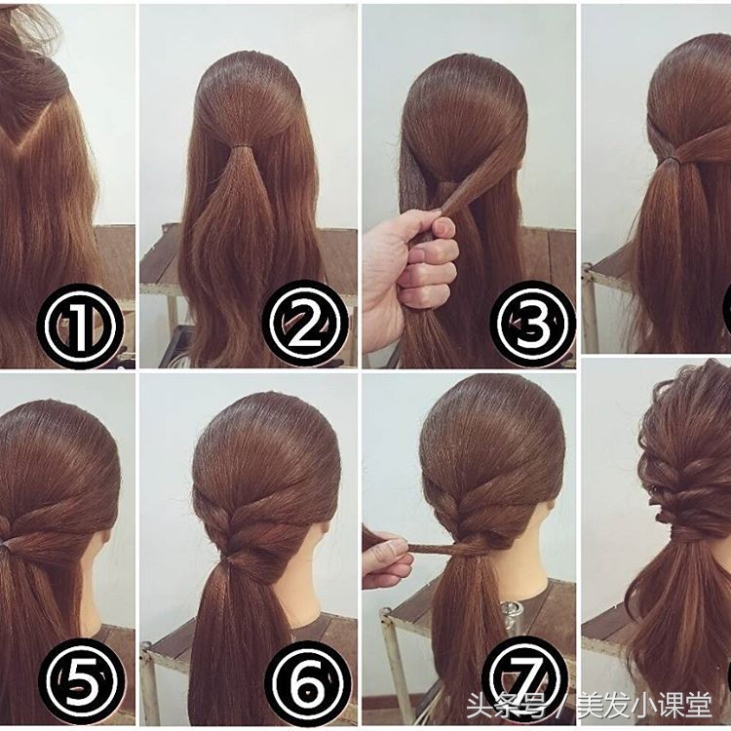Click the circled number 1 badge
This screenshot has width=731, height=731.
tap(80, 325)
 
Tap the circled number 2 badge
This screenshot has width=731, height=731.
tap(305, 323)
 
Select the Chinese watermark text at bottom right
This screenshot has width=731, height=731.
tap(590, 706)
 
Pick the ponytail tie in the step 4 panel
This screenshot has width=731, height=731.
tap(671, 160)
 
